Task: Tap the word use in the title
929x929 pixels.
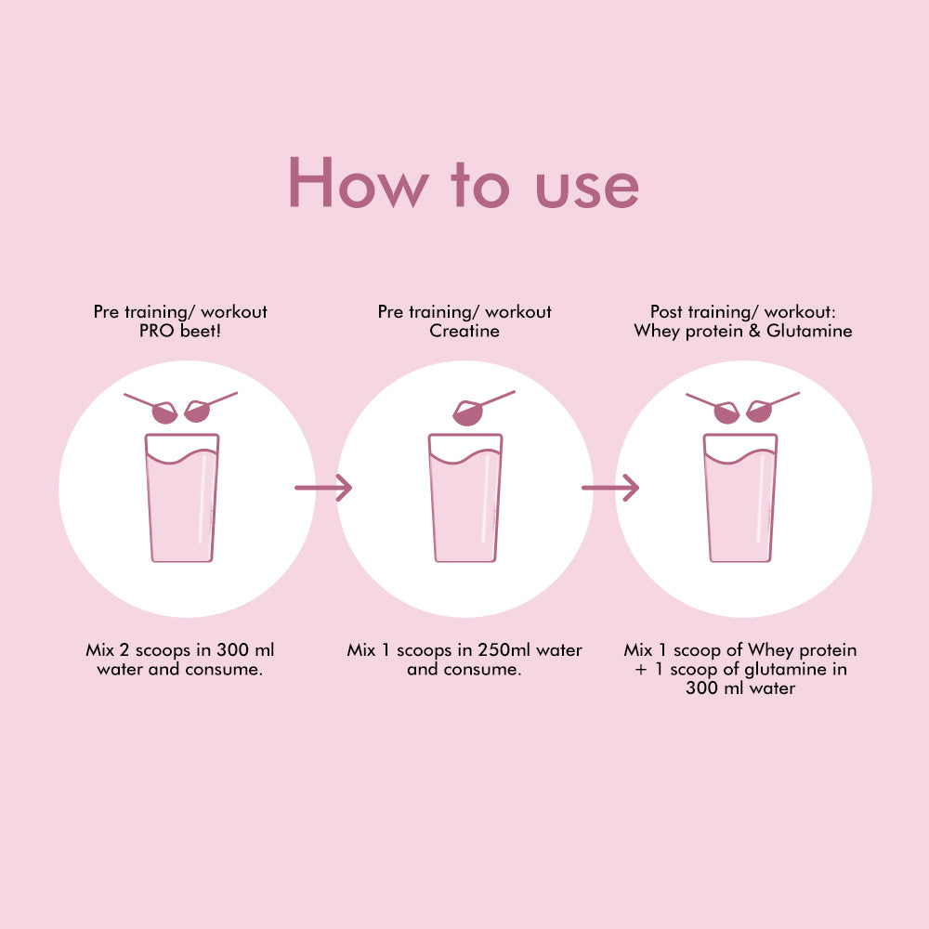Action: click(x=586, y=188)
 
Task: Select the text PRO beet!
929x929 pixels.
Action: click(x=180, y=331)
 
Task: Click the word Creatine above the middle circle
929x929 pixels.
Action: click(x=464, y=331)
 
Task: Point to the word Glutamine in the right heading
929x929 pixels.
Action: click(x=809, y=331)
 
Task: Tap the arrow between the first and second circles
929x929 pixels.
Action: click(x=323, y=488)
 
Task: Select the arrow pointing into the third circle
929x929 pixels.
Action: click(x=610, y=488)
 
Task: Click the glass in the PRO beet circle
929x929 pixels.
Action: click(x=182, y=498)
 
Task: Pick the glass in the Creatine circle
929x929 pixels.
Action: click(x=465, y=498)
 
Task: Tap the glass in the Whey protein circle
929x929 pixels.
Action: click(x=740, y=498)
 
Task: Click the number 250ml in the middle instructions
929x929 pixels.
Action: click(x=504, y=650)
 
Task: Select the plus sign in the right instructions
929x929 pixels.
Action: click(x=640, y=670)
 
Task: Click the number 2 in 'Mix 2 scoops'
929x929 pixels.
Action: click(x=124, y=650)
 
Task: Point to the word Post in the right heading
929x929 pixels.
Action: click(x=668, y=311)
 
